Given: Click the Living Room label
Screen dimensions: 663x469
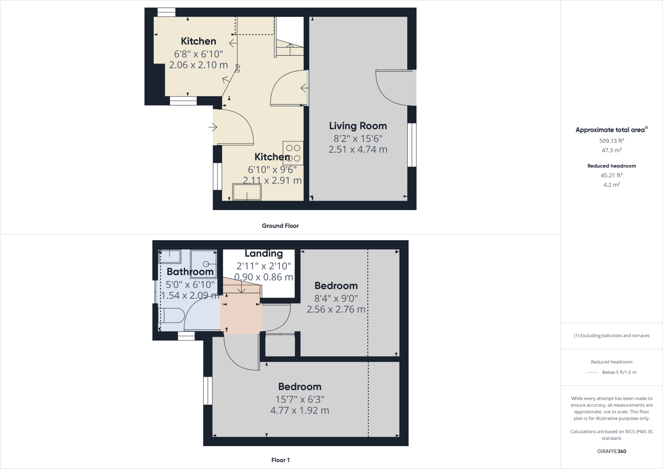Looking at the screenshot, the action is pyautogui.click(x=358, y=126).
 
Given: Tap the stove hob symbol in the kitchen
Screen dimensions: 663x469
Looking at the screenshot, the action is pyautogui.click(x=293, y=153).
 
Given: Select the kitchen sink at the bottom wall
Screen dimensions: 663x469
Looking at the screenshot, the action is pyautogui.click(x=247, y=192).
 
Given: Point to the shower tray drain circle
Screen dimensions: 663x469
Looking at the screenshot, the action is pyautogui.click(x=206, y=264).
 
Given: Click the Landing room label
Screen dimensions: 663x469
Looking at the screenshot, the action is pyautogui.click(x=264, y=253).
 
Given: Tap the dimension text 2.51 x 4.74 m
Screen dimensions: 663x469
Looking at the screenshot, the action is pyautogui.click(x=358, y=149).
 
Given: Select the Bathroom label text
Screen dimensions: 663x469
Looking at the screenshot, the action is pyautogui.click(x=190, y=272).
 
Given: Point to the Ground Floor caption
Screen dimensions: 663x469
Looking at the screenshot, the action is pyautogui.click(x=280, y=226).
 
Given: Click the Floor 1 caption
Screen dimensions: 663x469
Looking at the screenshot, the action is pyautogui.click(x=280, y=460).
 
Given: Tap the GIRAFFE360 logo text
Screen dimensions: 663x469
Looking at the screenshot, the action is pyautogui.click(x=612, y=451).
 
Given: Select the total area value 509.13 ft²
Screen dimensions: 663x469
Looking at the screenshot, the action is pyautogui.click(x=612, y=141).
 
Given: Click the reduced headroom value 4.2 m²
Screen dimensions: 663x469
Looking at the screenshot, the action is pyautogui.click(x=612, y=185).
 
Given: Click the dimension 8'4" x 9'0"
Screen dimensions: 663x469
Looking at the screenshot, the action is pyautogui.click(x=336, y=298).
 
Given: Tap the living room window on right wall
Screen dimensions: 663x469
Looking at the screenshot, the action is pyautogui.click(x=412, y=145).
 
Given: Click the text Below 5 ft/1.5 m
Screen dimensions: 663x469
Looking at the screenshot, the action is pyautogui.click(x=619, y=372).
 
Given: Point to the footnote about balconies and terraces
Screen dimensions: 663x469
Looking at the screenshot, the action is pyautogui.click(x=612, y=336).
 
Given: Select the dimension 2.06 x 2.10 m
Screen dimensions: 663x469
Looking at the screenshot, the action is pyautogui.click(x=198, y=65).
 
